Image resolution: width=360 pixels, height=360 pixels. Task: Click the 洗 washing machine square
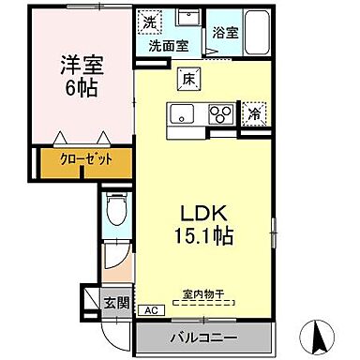(x=150, y=20)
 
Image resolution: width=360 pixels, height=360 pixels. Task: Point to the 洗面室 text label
(x=165, y=45)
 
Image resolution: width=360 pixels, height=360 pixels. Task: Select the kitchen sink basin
(x=182, y=115)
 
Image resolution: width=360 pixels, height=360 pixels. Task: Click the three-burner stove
(x=220, y=114)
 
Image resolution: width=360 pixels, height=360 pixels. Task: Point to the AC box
(x=149, y=311)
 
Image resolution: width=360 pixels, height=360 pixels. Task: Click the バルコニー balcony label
(x=204, y=336)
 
